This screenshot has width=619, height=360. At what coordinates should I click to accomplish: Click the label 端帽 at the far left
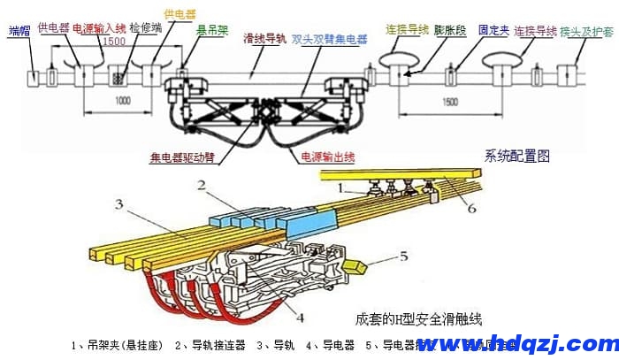pyautogui.click(x=18, y=30)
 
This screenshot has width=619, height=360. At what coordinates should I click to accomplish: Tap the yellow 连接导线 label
pyautogui.click(x=405, y=29)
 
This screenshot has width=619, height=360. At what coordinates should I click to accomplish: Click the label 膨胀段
pyautogui.click(x=451, y=30)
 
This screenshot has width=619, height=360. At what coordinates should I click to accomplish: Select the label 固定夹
pyautogui.click(x=493, y=30)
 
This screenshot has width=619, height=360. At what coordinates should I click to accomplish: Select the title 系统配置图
pyautogui.click(x=517, y=156)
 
